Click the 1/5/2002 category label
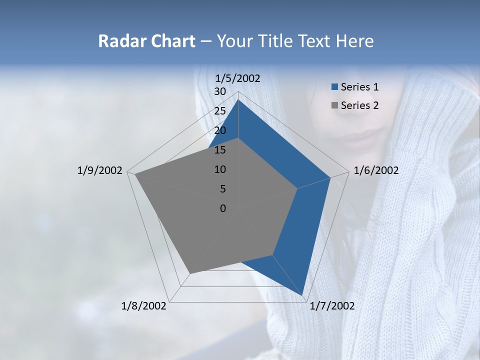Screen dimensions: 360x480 [x=238, y=78]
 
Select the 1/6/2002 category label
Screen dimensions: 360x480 [x=376, y=170]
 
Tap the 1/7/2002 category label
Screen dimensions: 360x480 [x=332, y=306]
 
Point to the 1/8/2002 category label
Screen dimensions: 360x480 [x=144, y=306]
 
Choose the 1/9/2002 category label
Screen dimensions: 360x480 [x=100, y=170]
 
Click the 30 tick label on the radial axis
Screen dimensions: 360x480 [x=220, y=91]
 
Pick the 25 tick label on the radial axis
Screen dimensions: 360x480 [x=220, y=111]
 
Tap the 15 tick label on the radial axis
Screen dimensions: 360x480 [x=220, y=150]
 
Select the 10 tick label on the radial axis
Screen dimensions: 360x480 [x=220, y=169]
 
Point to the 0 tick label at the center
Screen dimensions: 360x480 [x=223, y=208]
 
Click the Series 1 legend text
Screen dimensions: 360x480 [x=359, y=87]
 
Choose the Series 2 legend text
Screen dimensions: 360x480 [x=359, y=105]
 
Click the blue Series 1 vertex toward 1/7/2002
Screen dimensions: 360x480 [x=303, y=295]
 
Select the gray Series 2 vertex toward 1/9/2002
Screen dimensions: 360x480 [x=135, y=174]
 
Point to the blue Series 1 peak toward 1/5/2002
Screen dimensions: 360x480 [x=238, y=100]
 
